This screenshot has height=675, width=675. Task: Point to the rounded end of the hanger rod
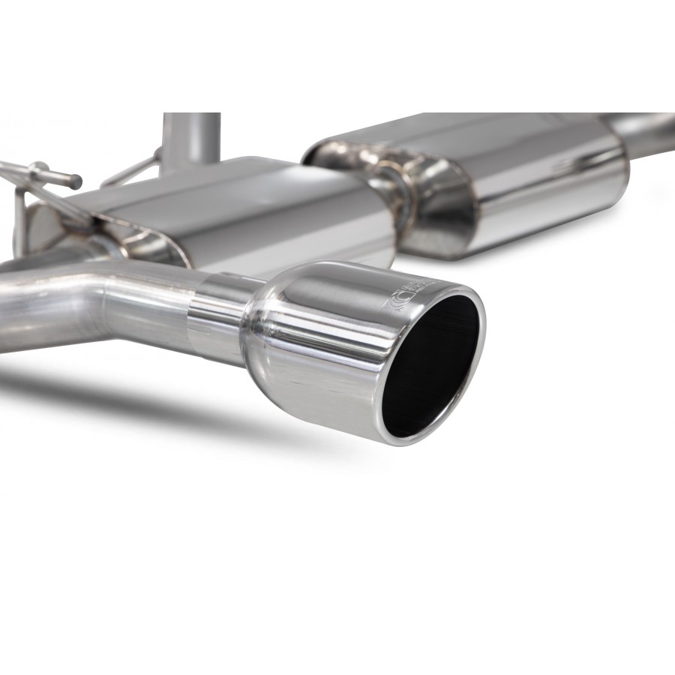coord(77,182)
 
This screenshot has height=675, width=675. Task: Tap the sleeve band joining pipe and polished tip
coord(214,315)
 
